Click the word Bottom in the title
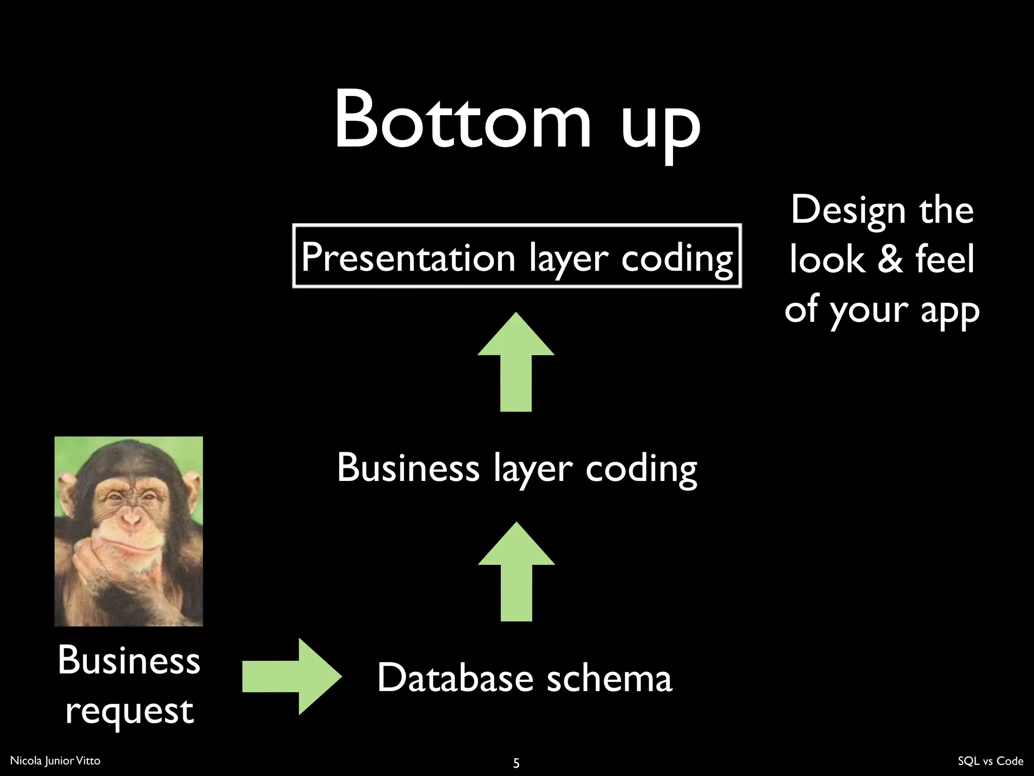click(462, 120)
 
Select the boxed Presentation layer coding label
click(516, 256)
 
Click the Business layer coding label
click(516, 468)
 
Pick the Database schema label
click(524, 677)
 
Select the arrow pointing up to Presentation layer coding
click(516, 362)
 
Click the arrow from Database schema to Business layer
click(516, 571)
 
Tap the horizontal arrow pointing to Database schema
click(292, 676)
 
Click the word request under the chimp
click(129, 711)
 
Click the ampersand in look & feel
click(890, 259)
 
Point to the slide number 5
click(516, 762)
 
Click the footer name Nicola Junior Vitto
click(55, 760)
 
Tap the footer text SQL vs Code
click(990, 761)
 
